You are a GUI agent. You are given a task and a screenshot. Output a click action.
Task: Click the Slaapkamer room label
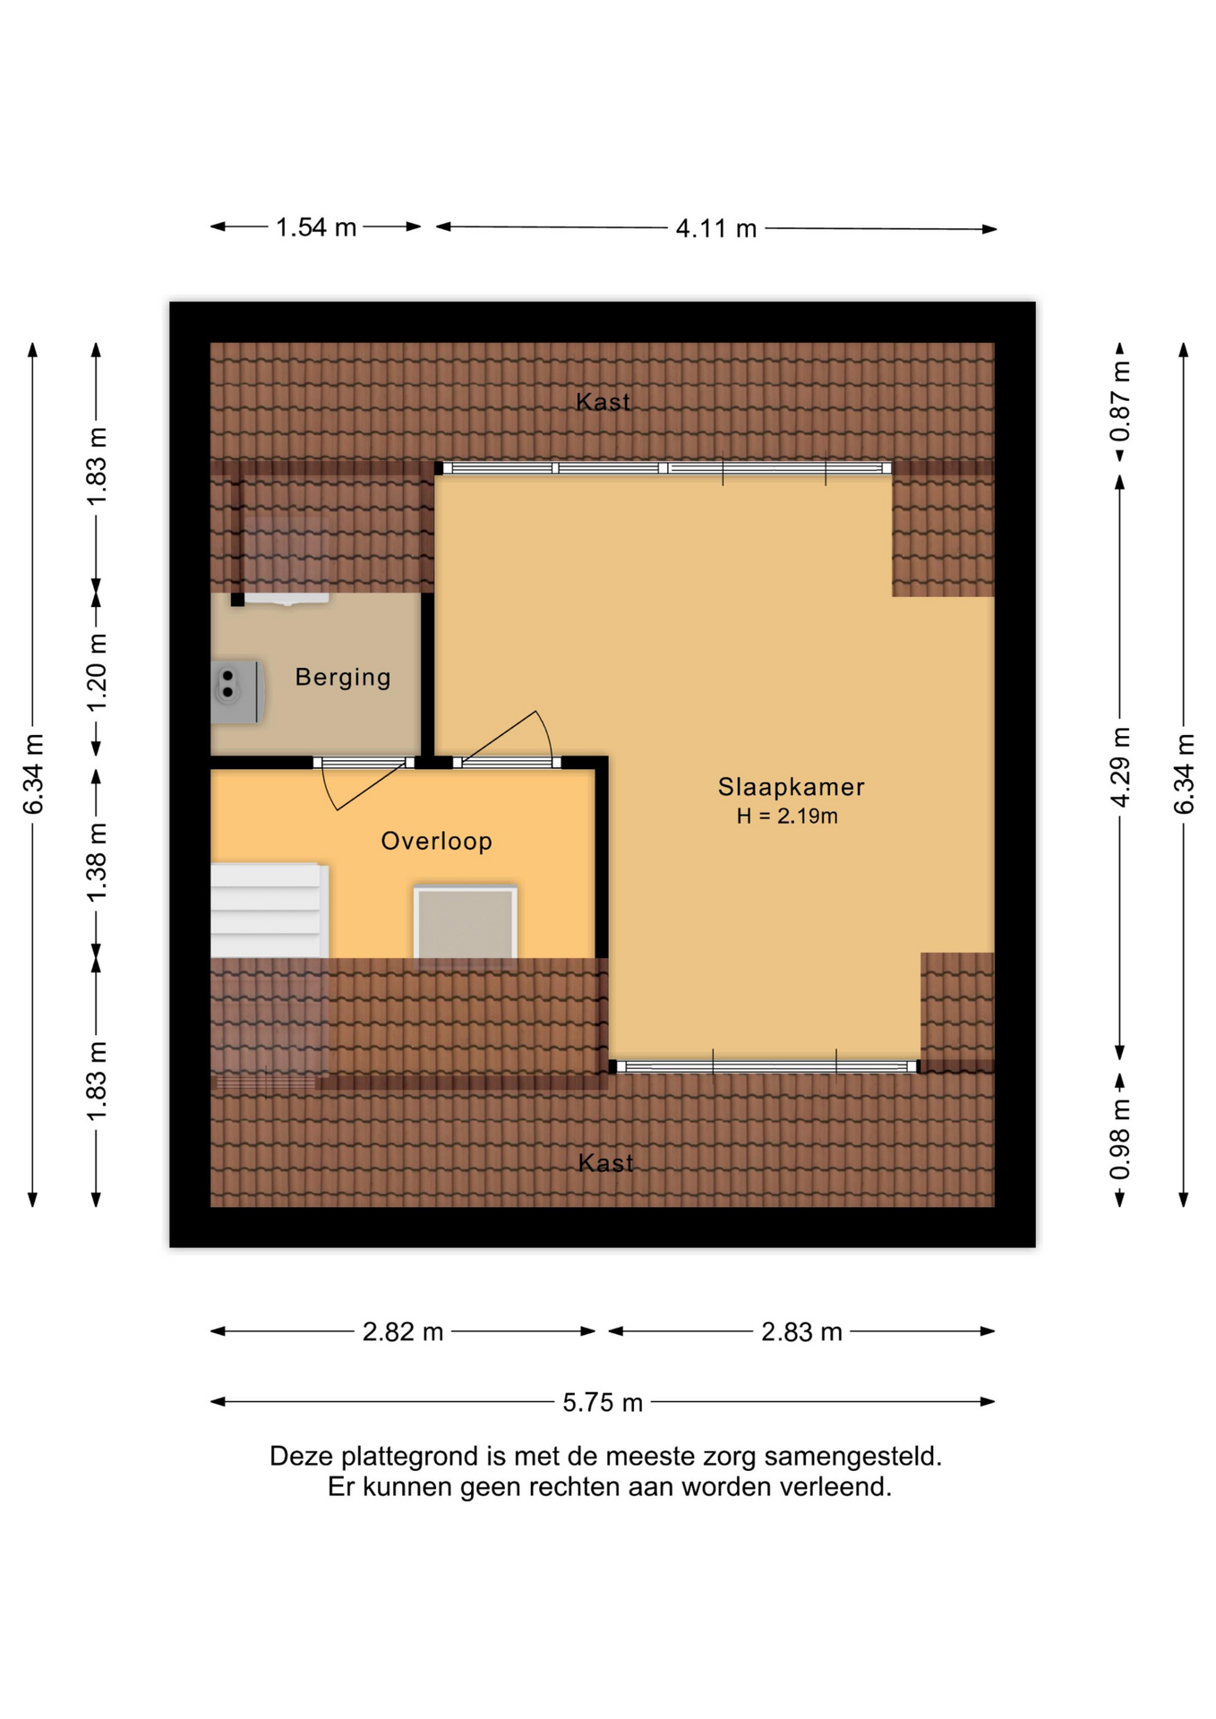tap(791, 787)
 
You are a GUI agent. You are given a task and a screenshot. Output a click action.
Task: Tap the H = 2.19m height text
tap(787, 816)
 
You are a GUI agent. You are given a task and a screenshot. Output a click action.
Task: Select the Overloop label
tap(437, 842)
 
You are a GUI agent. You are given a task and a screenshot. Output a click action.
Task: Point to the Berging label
tap(343, 678)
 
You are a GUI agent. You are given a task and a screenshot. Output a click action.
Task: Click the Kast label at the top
tap(604, 402)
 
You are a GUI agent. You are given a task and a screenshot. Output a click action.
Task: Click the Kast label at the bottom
tap(606, 1163)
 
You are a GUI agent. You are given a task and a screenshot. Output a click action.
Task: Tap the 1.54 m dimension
tap(316, 227)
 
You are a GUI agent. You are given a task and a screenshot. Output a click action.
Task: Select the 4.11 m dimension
tap(716, 228)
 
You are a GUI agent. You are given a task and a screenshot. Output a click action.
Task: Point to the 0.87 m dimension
tap(1120, 402)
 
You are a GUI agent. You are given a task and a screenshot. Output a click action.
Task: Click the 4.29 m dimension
tap(1120, 767)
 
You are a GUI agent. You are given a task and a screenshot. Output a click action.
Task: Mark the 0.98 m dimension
tap(1120, 1140)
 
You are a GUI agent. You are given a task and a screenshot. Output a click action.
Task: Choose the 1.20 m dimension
tap(97, 672)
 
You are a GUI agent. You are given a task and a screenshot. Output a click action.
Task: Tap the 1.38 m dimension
tap(97, 862)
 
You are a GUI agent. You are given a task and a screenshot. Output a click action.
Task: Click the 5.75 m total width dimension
tap(603, 1402)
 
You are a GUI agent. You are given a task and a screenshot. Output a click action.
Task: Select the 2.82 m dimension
tap(403, 1332)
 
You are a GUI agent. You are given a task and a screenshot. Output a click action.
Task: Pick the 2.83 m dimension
tap(802, 1332)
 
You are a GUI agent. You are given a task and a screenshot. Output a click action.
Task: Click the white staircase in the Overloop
tap(270, 911)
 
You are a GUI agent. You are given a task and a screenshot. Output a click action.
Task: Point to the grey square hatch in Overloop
tap(465, 922)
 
